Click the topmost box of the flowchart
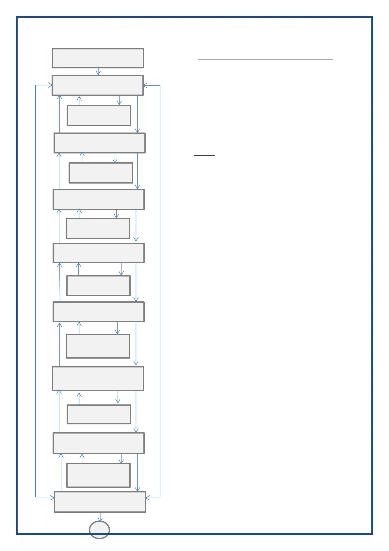[98, 58]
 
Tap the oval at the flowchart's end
[99, 530]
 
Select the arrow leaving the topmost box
[98, 71]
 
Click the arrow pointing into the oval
[100, 517]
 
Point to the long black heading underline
[265, 60]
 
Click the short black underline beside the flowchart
[204, 155]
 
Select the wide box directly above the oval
[100, 502]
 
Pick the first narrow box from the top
[99, 115]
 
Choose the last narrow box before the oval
[98, 475]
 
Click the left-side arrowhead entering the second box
[50, 85]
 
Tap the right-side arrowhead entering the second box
[146, 86]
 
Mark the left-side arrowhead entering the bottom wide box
[52, 498]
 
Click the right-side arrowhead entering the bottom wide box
[148, 498]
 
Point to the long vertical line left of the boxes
[36, 291]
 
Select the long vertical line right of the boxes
[160, 291]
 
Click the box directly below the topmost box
[98, 85]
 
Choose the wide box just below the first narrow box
[100, 143]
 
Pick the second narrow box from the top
[101, 173]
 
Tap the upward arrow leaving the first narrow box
[79, 100]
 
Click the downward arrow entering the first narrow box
[119, 100]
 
